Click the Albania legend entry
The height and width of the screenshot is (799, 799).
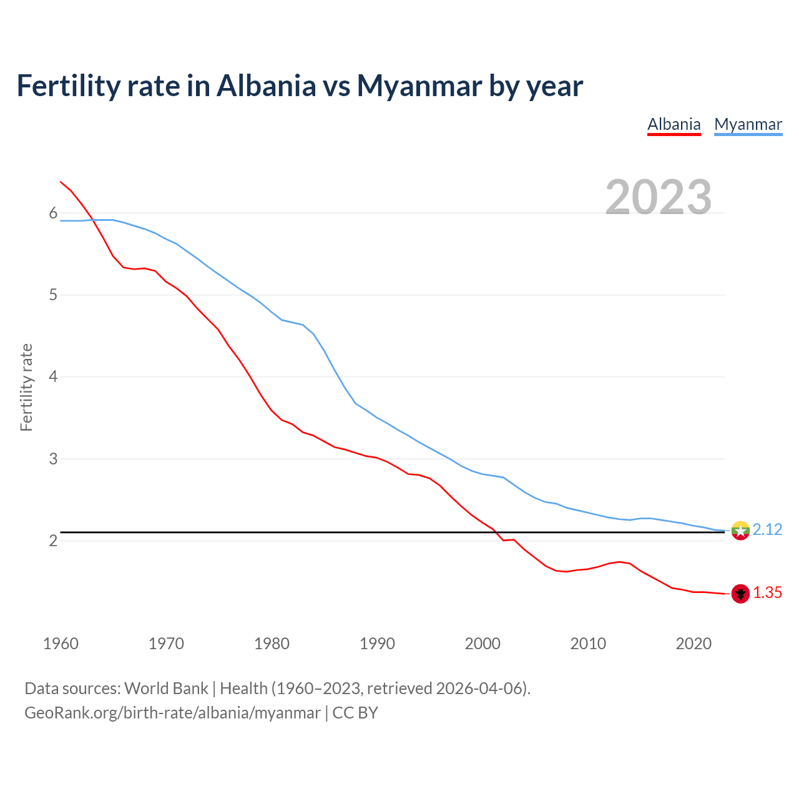coord(674,124)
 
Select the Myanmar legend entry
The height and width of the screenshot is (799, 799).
coord(748,124)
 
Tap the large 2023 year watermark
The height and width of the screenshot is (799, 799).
coord(659,197)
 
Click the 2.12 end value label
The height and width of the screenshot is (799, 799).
coord(767,530)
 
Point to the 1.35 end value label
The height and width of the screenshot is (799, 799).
coord(767,593)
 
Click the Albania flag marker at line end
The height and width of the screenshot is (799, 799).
coord(740,594)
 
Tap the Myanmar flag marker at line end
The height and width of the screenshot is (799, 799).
coord(740,531)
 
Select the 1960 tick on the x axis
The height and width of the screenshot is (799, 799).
coord(61,644)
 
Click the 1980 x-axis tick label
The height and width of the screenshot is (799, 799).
coord(272,644)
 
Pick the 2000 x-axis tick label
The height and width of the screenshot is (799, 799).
coord(483,644)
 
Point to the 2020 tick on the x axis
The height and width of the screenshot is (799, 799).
coord(694,644)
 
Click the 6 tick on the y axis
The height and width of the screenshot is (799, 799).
coord(53,213)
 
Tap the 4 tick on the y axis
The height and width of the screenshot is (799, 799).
coord(53,377)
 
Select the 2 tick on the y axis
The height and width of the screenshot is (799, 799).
coord(53,541)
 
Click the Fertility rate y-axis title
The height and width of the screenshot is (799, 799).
coord(26,387)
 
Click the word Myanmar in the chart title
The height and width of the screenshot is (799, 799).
coord(419,86)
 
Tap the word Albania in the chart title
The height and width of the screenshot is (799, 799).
coord(267,86)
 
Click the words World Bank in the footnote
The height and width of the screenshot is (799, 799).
coord(166,689)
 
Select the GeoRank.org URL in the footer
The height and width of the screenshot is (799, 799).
coord(172,713)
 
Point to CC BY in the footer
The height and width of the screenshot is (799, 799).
coord(355,713)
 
